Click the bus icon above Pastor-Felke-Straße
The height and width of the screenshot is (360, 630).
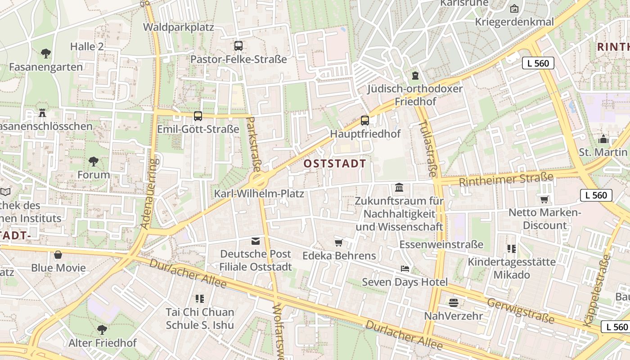pyautogui.click(x=238, y=45)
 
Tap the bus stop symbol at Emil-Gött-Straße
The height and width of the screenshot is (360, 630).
pyautogui.click(x=198, y=116)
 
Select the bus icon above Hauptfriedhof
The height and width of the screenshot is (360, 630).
pyautogui.click(x=365, y=120)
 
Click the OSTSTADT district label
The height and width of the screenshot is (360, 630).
pyautogui.click(x=335, y=163)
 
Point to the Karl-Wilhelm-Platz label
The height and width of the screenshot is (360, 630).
pyautogui.click(x=259, y=194)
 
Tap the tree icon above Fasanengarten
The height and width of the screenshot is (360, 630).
pyautogui.click(x=45, y=54)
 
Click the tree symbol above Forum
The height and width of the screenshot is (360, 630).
pyautogui.click(x=94, y=161)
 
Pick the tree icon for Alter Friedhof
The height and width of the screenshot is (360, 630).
pyautogui.click(x=102, y=329)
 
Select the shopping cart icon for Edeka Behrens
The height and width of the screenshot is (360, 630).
pyautogui.click(x=339, y=243)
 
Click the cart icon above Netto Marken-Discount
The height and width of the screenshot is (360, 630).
pyautogui.click(x=544, y=199)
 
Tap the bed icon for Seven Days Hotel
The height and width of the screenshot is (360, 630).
pyautogui.click(x=405, y=269)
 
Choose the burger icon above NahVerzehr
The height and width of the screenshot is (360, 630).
pyautogui.click(x=453, y=302)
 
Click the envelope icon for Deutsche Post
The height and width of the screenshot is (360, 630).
pyautogui.click(x=256, y=241)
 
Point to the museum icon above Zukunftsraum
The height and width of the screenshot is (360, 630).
pyautogui.click(x=399, y=187)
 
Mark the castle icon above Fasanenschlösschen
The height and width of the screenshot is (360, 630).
pyautogui.click(x=42, y=112)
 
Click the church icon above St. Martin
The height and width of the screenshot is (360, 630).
pyautogui.click(x=603, y=139)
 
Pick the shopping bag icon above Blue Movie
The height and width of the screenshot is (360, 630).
pyautogui.click(x=58, y=255)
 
